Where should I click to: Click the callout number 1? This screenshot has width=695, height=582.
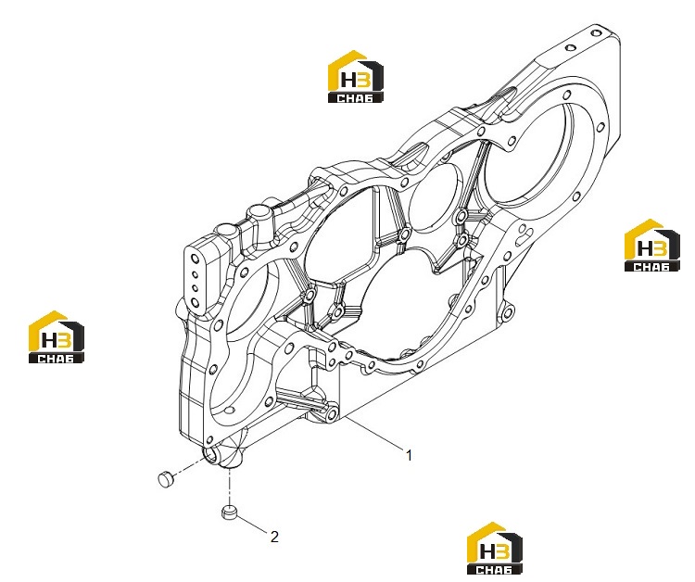409,455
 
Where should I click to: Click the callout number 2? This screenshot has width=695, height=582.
274,537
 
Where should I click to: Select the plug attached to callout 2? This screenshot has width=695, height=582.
229,512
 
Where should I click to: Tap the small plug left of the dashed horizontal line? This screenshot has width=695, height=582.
166,480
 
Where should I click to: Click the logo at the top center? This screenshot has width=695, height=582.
356,77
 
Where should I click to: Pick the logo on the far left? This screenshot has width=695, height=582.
57,337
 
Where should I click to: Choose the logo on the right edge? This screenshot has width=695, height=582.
652,245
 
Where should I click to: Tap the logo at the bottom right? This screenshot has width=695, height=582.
495,549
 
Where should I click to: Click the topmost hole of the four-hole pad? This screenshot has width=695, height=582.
194,259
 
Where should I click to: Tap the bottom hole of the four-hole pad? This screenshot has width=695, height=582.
195,303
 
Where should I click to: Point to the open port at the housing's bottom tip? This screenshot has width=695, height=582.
212,453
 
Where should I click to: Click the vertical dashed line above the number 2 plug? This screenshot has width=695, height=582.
229,487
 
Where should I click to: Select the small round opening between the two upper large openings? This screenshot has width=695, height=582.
435,196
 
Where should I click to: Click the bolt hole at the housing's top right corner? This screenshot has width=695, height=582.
595,32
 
